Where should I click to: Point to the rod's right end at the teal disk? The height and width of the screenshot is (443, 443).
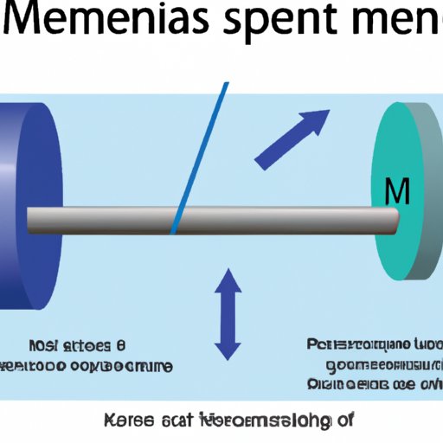tap(395, 219)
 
